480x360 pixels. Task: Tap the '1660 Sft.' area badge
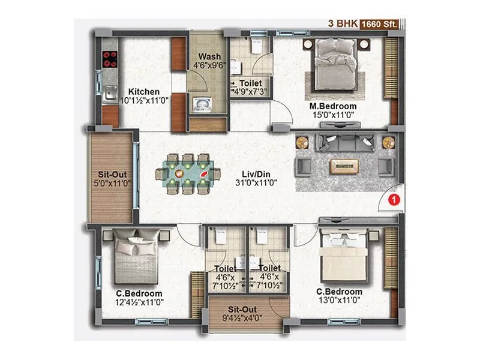point(381,25)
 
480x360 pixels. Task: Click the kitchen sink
point(110,93)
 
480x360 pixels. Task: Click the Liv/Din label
point(247,173)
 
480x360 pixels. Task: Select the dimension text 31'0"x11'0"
point(247,184)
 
